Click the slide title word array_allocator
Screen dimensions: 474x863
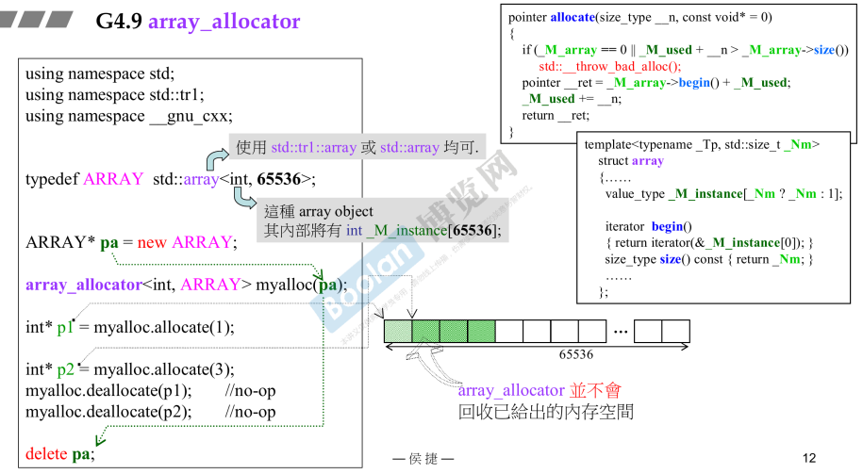(224, 22)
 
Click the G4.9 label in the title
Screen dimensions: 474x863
(119, 22)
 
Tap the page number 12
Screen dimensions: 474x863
(808, 458)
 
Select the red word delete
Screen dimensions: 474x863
(46, 454)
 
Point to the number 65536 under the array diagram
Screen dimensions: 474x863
(575, 355)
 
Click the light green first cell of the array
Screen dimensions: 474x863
(398, 331)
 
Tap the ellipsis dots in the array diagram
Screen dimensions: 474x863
(621, 331)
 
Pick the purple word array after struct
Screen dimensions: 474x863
(648, 161)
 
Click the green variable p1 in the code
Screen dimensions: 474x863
(65, 328)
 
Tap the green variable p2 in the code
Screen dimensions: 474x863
(65, 369)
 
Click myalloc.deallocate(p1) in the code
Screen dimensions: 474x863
(108, 391)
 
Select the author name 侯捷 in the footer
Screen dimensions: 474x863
(423, 459)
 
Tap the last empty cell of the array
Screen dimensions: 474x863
(675, 331)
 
